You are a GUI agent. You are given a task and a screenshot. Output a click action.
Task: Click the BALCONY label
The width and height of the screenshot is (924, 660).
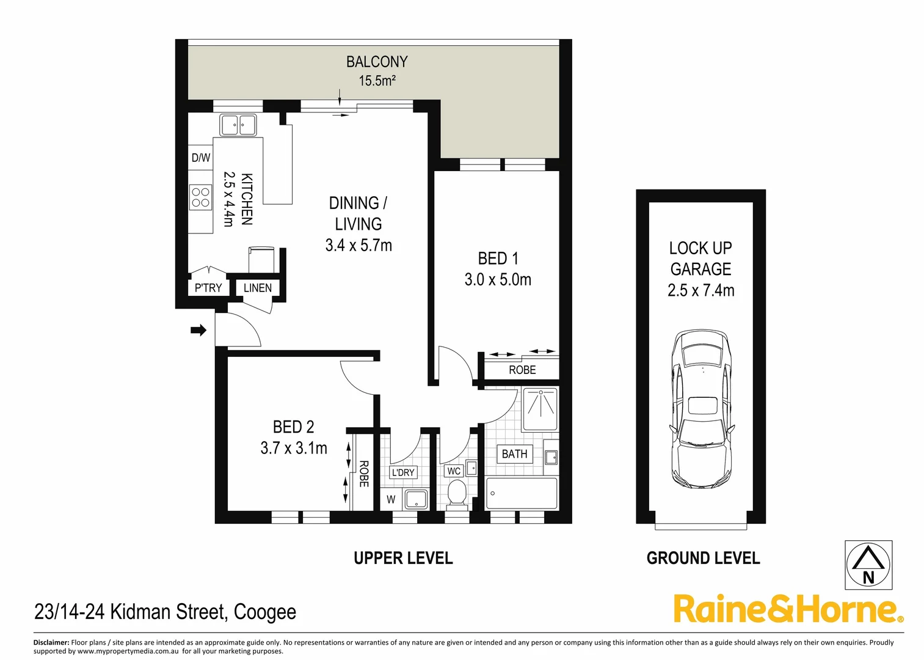pyautogui.click(x=376, y=62)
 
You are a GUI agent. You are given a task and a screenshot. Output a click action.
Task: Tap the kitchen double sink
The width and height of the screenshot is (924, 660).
pyautogui.click(x=238, y=125)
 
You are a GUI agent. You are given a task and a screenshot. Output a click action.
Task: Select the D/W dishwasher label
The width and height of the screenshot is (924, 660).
pyautogui.click(x=200, y=158)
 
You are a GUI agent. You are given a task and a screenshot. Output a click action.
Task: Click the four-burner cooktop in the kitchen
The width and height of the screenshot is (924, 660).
pyautogui.click(x=200, y=197)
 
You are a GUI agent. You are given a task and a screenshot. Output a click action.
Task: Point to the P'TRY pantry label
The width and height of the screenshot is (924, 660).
pyautogui.click(x=208, y=288)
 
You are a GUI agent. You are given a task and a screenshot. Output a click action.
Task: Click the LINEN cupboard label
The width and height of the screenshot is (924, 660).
pyautogui.click(x=257, y=288)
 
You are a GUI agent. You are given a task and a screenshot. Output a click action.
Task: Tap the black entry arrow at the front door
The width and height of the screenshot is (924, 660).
pyautogui.click(x=198, y=331)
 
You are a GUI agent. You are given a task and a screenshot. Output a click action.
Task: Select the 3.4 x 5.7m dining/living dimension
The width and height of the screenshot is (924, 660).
pyautogui.click(x=358, y=246)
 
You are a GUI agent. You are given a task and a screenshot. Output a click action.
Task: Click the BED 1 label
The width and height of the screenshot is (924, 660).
pyautogui.click(x=498, y=258)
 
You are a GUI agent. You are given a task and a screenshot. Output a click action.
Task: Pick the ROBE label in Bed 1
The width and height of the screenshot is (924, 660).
pyautogui.click(x=522, y=370)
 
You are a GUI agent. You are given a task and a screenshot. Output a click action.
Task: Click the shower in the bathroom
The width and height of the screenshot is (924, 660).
pyautogui.click(x=540, y=409)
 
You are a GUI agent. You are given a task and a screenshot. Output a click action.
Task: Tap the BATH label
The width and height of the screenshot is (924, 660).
pyautogui.click(x=514, y=454)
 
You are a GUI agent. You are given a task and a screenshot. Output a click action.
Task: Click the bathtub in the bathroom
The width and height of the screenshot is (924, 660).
pyautogui.click(x=521, y=493)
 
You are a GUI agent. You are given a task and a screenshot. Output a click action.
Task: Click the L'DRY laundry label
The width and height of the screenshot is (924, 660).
pyautogui.click(x=403, y=472)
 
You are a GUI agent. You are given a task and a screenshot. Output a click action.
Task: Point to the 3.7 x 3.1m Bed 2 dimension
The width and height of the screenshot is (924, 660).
pyautogui.click(x=294, y=448)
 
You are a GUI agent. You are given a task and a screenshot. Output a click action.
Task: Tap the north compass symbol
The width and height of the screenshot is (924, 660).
pyautogui.click(x=868, y=565)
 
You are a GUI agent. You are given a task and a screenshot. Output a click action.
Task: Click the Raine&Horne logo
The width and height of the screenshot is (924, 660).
pyautogui.click(x=787, y=609)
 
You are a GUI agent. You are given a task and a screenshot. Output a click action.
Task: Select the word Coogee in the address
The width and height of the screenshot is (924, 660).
pyautogui.click(x=265, y=612)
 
